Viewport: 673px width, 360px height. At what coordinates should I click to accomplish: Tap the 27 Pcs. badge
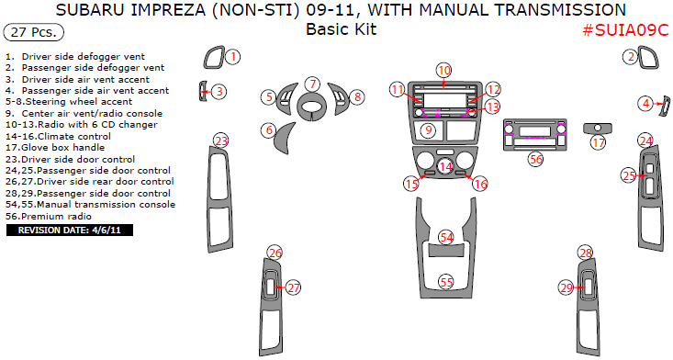point(34,32)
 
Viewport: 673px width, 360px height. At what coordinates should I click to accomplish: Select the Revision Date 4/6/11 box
point(70,230)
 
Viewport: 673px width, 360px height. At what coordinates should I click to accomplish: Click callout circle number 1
point(233,57)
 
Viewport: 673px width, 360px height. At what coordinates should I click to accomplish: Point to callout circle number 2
point(631,57)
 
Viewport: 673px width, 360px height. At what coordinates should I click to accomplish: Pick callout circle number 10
point(443,71)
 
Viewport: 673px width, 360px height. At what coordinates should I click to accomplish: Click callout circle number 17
point(599,142)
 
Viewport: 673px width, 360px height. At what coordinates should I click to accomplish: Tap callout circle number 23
point(220,141)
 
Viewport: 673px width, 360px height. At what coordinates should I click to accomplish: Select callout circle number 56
point(536,159)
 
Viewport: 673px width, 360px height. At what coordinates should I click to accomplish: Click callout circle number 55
point(445,282)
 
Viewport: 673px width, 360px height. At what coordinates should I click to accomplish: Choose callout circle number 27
point(293,287)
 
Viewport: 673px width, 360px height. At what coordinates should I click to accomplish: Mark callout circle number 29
point(566,287)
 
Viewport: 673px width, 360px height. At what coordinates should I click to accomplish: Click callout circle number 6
point(269,130)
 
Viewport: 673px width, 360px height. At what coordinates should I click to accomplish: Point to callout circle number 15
point(410,185)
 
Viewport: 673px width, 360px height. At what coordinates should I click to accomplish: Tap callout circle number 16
point(479,185)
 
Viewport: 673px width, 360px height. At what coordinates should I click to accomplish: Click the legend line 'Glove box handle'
point(55,147)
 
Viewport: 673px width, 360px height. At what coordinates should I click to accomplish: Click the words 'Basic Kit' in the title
point(341,28)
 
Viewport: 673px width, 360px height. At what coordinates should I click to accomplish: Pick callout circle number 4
point(646,104)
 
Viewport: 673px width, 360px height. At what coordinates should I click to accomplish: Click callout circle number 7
point(312,84)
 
